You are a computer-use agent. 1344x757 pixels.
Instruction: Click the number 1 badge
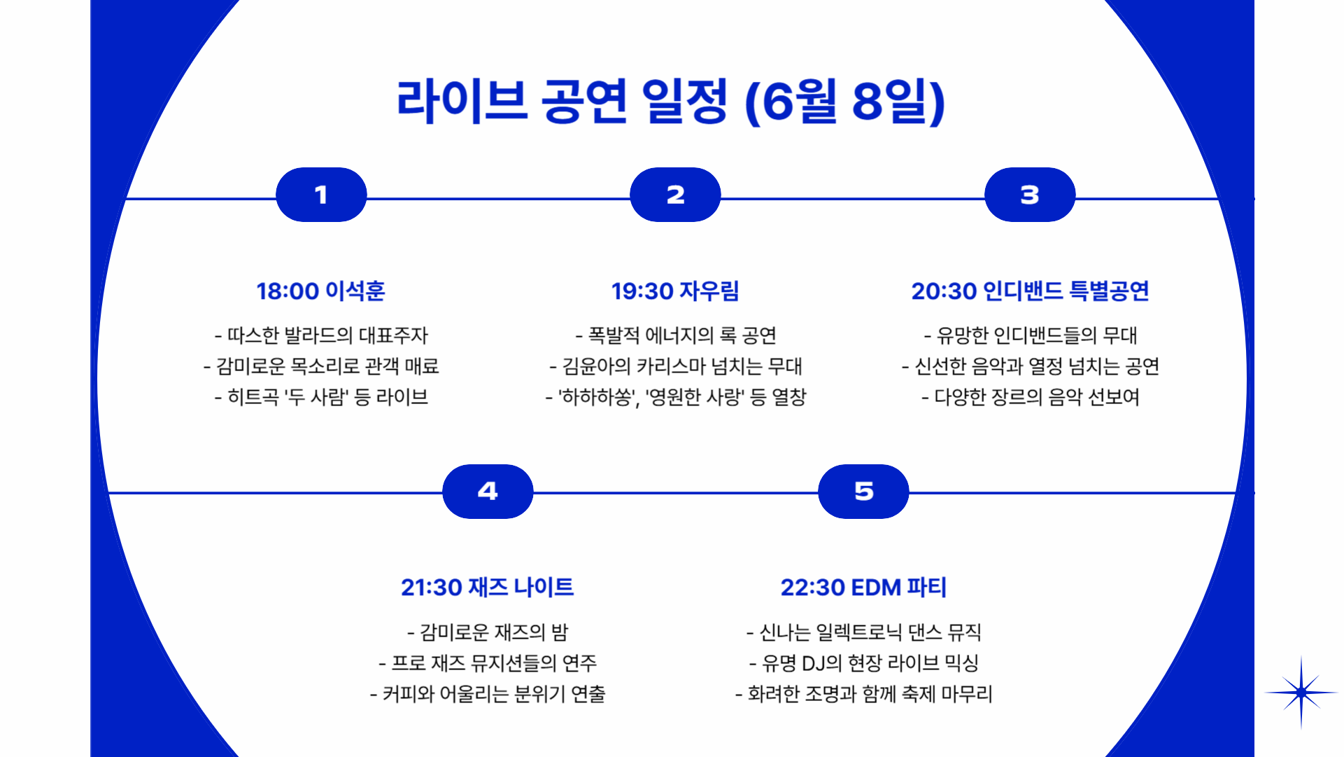(321, 195)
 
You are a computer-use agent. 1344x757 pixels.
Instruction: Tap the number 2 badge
(675, 195)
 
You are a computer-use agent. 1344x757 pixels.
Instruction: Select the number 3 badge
(1029, 195)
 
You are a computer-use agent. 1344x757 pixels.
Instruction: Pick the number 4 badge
(488, 491)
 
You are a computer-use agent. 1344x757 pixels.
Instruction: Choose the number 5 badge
(863, 491)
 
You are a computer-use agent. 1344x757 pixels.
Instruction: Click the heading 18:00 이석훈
(320, 291)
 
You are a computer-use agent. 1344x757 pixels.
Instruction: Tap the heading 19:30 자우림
(675, 291)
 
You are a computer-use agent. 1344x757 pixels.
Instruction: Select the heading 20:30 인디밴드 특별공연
(1030, 291)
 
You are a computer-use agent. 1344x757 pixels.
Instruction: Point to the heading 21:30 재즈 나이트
(487, 587)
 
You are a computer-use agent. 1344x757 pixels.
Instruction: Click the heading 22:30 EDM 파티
(863, 587)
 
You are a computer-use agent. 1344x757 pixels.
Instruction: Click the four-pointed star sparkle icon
(1301, 692)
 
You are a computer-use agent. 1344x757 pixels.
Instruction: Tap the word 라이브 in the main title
(462, 102)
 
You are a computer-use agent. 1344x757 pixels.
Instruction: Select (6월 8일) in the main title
(845, 102)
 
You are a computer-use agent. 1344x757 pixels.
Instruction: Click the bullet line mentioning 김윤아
(676, 366)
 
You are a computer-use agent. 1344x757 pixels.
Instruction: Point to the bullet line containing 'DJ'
(863, 662)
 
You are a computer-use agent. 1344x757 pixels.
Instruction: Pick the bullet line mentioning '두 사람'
(321, 397)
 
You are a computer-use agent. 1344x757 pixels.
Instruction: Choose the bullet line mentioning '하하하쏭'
(676, 397)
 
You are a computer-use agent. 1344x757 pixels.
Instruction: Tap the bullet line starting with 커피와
(488, 694)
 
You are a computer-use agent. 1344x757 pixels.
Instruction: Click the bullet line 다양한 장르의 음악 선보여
(1030, 397)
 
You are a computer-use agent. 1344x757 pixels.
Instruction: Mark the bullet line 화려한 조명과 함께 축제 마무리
(863, 694)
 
